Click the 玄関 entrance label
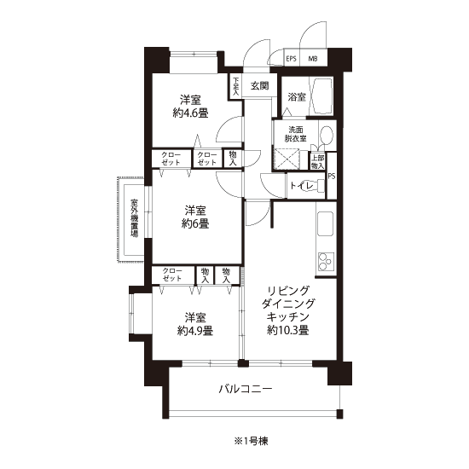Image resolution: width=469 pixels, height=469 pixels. click(259, 86)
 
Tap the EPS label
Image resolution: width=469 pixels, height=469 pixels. click(292, 59)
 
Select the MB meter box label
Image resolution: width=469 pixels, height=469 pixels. click(313, 59)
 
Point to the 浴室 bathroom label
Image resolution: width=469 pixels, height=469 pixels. click(297, 97)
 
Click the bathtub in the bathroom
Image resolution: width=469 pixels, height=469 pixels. click(321, 96)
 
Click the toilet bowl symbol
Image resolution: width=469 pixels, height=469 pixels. click(316, 186)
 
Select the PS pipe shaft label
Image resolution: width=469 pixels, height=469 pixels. click(332, 177)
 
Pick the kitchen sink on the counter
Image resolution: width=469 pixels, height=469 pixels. click(326, 223)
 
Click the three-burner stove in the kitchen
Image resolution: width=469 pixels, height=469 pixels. click(326, 262)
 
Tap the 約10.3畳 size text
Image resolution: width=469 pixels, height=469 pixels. click(288, 330)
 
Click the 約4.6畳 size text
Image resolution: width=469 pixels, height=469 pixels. click(190, 113)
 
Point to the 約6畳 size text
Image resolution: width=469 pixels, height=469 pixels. click(195, 223)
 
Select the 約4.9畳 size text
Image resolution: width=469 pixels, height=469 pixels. click(195, 331)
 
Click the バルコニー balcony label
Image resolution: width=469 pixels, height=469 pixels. click(246, 389)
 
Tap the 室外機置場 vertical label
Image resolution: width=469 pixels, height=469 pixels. click(134, 218)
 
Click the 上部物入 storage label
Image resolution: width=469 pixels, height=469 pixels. click(318, 162)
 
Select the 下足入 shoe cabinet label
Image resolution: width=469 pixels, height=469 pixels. click(236, 86)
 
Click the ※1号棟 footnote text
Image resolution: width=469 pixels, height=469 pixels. click(251, 441)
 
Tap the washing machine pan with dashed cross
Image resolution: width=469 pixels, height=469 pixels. click(287, 159)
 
